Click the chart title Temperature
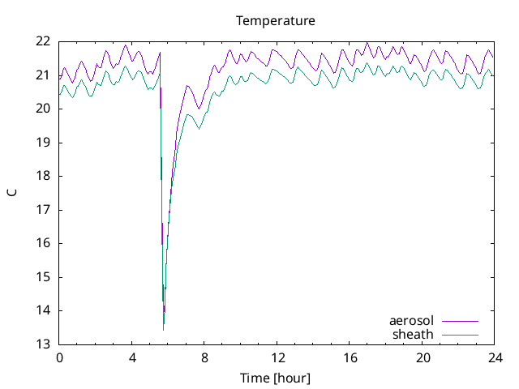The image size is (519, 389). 276,20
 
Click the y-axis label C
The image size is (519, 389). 11,193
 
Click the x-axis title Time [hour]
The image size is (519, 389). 276,378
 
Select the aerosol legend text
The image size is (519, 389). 411,321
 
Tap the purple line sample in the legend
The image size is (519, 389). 460,321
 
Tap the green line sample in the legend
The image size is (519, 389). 460,334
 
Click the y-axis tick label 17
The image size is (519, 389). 44,210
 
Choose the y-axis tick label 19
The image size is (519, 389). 44,143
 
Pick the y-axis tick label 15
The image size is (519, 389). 44,277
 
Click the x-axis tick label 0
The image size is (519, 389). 59,357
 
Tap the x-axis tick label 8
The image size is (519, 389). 204,357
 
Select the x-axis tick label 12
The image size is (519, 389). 277,357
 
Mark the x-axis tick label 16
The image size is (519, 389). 350,357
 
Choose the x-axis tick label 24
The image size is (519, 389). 495,357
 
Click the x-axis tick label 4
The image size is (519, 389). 132,357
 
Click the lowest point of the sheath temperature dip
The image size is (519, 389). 163,330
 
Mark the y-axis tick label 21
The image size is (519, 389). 44,75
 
